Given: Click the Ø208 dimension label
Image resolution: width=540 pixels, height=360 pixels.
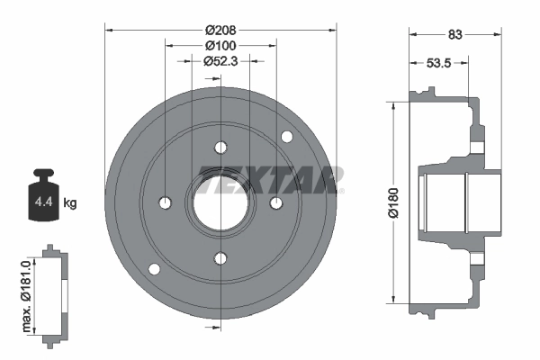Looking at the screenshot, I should click(x=220, y=30).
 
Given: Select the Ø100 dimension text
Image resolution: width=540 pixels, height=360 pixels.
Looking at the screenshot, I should click(x=220, y=46).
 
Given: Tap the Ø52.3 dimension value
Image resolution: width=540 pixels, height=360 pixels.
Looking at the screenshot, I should click(x=220, y=61).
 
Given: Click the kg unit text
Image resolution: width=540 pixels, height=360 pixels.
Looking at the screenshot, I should click(x=70, y=203).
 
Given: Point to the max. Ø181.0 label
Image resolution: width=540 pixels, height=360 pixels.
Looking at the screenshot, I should click(x=27, y=292).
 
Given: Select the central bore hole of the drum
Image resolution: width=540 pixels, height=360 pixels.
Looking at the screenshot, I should click(x=220, y=202).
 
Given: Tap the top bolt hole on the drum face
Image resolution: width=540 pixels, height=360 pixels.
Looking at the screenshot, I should click(x=220, y=148).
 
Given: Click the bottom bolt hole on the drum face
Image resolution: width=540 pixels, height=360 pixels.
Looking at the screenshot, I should click(x=220, y=258).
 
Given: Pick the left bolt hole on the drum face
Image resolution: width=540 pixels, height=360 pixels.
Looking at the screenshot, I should click(x=165, y=202).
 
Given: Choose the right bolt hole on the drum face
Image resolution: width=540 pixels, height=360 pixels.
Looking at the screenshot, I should click(x=275, y=202).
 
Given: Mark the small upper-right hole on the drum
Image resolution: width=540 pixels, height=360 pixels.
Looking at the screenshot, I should click(x=287, y=137).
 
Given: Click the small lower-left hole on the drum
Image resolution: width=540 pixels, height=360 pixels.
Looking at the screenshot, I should click(x=153, y=269).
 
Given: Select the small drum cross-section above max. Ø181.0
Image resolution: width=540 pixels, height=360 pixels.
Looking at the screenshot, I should click(x=56, y=292).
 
